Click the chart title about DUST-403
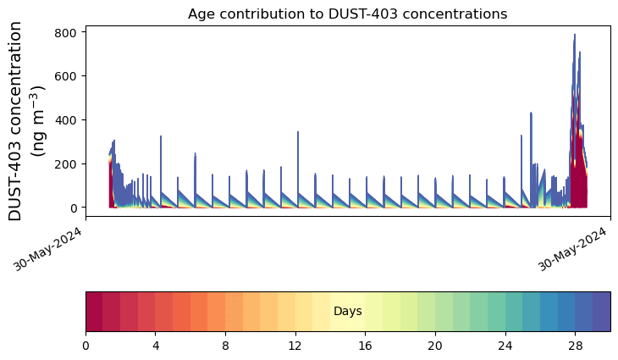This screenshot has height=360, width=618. pos(347,14)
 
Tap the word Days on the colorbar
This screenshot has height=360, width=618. pos(347,312)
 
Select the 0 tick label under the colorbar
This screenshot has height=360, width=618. pos(86,347)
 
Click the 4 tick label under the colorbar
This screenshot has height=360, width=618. pos(156,347)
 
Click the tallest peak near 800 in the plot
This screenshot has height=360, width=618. pos(574,36)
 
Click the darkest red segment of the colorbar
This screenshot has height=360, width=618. pos(94,311)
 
